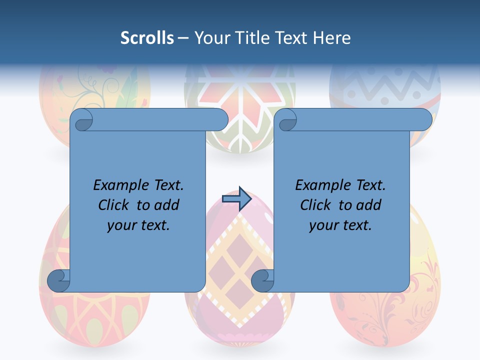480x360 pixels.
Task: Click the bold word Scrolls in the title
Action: pyautogui.click(x=147, y=38)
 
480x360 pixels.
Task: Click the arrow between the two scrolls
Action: pyautogui.click(x=236, y=199)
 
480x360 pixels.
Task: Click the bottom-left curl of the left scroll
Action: pyautogui.click(x=57, y=280)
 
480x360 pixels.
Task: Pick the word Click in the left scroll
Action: pyautogui.click(x=115, y=205)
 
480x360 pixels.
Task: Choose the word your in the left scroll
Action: pyautogui.click(x=120, y=225)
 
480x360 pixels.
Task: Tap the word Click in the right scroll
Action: pyautogui.click(x=317, y=205)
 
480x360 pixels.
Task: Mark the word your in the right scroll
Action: pyautogui.click(x=322, y=225)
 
